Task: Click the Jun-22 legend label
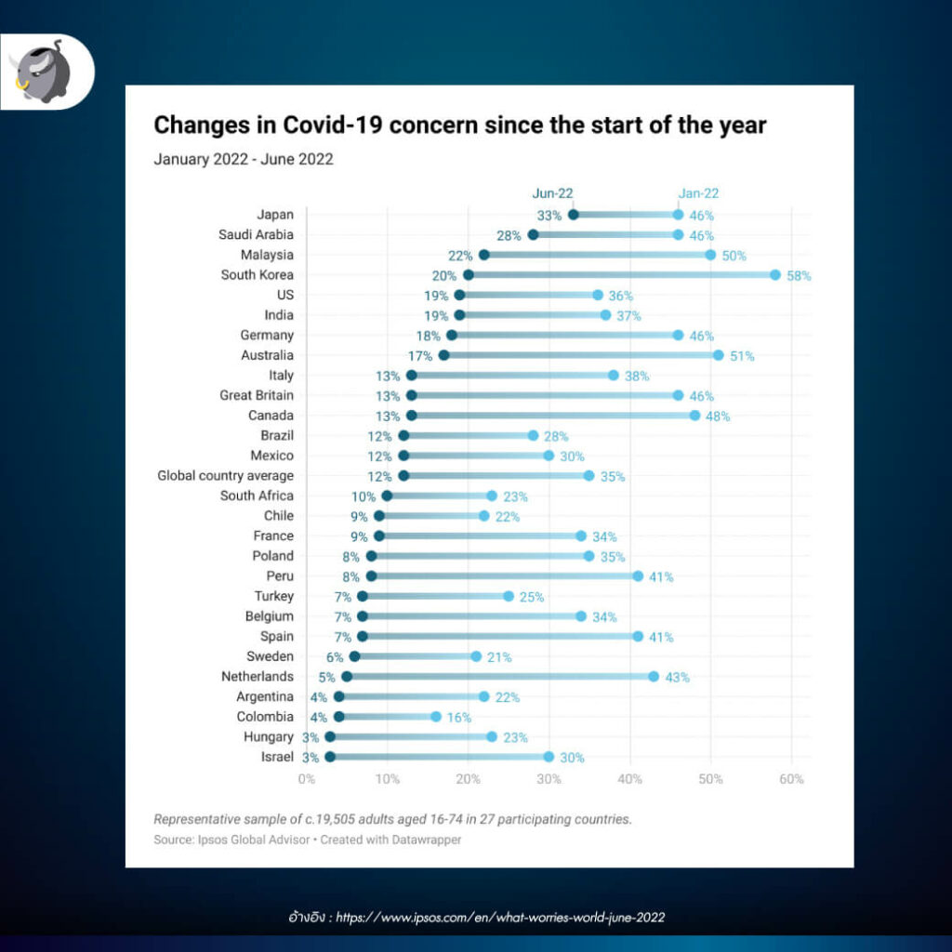pyautogui.click(x=552, y=193)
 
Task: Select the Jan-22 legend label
pyautogui.click(x=698, y=193)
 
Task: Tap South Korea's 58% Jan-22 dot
pyautogui.click(x=775, y=275)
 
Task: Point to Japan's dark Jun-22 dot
pyautogui.click(x=573, y=215)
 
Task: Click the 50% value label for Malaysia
pyautogui.click(x=734, y=256)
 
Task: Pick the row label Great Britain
pyautogui.click(x=257, y=395)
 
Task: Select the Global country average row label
pyautogui.click(x=225, y=475)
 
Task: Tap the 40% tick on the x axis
pyautogui.click(x=630, y=779)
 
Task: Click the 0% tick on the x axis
pyautogui.click(x=307, y=779)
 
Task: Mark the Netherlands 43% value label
pyautogui.click(x=678, y=678)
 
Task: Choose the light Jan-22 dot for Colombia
pyautogui.click(x=436, y=717)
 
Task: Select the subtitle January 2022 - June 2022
pyautogui.click(x=244, y=159)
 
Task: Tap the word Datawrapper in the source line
pyautogui.click(x=429, y=840)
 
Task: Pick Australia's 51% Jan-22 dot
pyautogui.click(x=719, y=355)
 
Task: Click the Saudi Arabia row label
pyautogui.click(x=256, y=234)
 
